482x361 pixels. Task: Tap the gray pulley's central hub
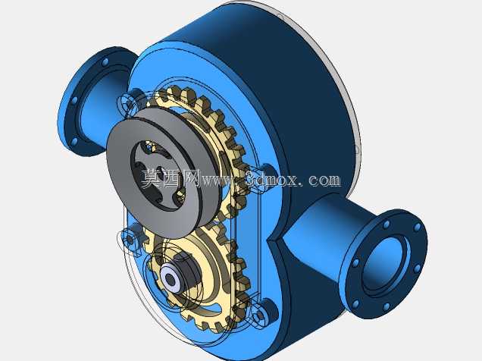coord(158,174)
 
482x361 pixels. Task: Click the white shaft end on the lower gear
coord(170,279)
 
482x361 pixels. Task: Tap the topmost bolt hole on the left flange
coord(105,62)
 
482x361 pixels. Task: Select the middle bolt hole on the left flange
coord(75,101)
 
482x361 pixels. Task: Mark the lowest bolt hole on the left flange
coord(75,142)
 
